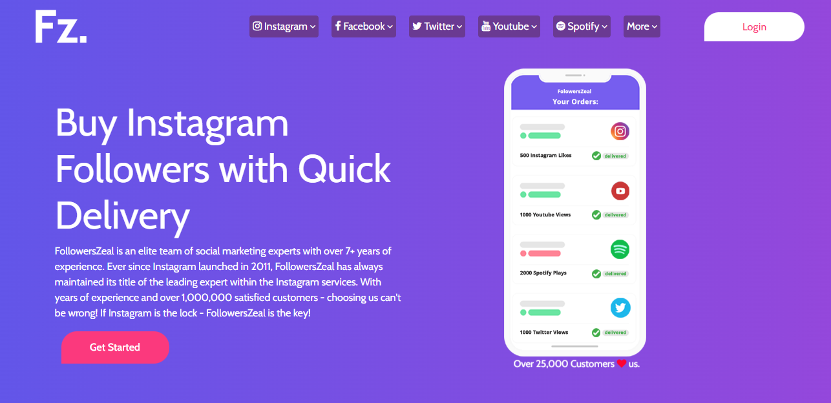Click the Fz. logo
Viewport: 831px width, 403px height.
tap(61, 26)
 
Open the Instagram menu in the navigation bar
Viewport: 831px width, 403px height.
tap(284, 26)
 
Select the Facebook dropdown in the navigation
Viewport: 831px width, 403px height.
tap(364, 26)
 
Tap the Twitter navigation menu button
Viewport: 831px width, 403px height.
tap(437, 26)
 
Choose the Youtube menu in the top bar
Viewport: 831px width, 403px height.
tap(509, 26)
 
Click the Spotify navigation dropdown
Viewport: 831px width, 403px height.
tap(582, 26)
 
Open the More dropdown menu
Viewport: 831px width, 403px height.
tap(642, 26)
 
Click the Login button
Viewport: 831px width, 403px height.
tap(754, 26)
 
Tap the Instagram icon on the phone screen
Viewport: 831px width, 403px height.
tap(620, 131)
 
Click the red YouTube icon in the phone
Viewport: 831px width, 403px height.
tap(620, 191)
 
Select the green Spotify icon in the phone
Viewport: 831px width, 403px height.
tap(620, 249)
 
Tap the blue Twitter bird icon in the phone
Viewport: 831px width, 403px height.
tap(620, 307)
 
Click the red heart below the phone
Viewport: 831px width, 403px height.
tap(622, 364)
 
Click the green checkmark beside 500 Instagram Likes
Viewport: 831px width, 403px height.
tap(596, 156)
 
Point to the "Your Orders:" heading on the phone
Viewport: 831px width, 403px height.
tap(575, 101)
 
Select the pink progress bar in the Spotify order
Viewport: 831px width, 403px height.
tap(544, 254)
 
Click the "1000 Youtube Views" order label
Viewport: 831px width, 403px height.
tap(545, 214)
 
